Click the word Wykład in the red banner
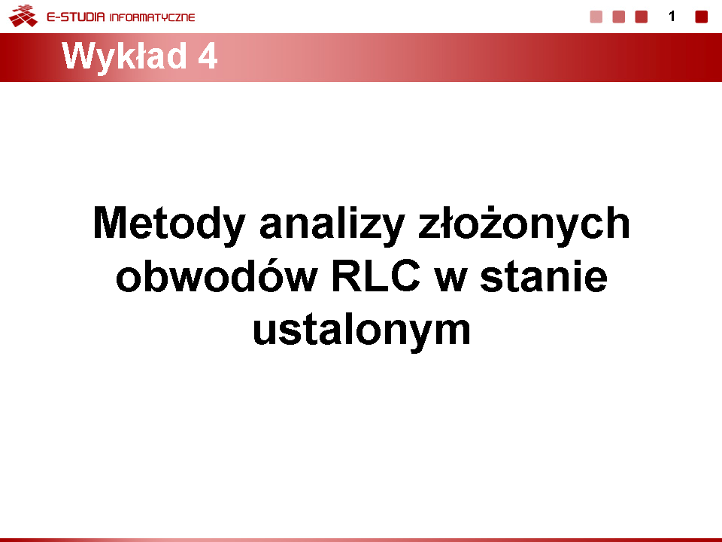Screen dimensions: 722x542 124,57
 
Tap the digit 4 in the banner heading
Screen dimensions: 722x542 208,56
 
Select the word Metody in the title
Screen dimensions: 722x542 169,224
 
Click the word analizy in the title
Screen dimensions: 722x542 332,224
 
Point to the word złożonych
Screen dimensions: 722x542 524,224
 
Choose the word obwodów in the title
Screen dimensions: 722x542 217,276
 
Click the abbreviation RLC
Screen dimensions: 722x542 376,276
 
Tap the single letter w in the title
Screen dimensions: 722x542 451,280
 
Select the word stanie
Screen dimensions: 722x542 544,276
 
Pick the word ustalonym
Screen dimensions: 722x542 362,330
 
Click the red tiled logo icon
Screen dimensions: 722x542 23,16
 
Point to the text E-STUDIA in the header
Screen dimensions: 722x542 76,17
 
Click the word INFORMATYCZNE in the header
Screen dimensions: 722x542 153,17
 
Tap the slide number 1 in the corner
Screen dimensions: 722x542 672,17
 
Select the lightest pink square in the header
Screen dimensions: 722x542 596,17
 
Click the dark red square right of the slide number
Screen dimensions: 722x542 701,17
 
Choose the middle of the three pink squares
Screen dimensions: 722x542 619,17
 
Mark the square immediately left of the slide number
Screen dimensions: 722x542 642,17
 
